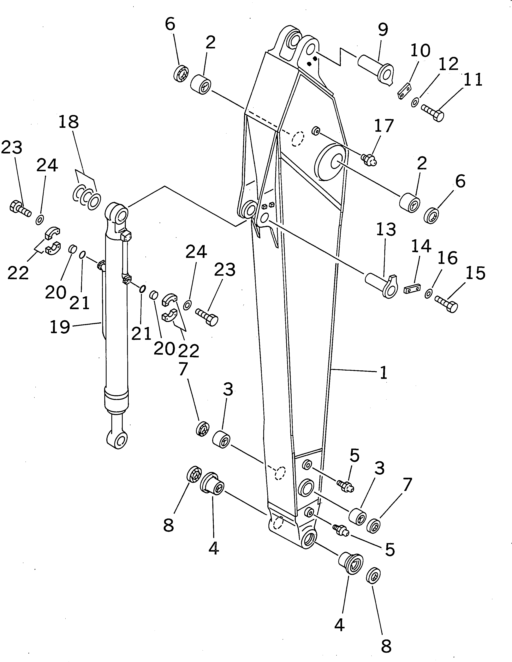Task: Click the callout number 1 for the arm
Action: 383,372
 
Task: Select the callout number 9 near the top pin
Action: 383,29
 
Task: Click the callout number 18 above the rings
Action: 69,122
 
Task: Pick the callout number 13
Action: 386,230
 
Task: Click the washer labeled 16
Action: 429,293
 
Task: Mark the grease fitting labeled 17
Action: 368,159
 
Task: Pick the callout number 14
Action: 421,246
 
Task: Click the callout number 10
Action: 420,51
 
